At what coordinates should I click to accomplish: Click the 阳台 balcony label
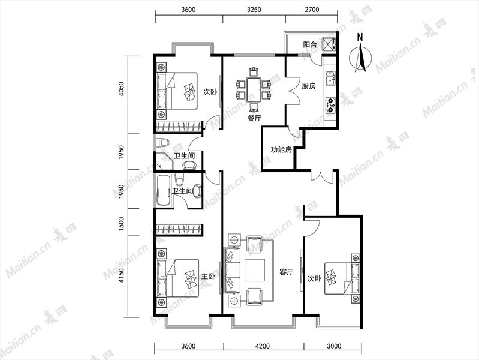[x=310, y=44]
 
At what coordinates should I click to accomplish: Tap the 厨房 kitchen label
[x=309, y=86]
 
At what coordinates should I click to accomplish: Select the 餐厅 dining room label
[x=254, y=118]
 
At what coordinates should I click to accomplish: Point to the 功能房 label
[x=281, y=149]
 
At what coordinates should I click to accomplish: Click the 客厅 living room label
[x=287, y=272]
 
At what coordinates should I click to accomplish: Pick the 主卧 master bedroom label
[x=209, y=277]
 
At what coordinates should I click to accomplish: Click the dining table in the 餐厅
[x=254, y=89]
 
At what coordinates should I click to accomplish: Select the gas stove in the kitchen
[x=330, y=105]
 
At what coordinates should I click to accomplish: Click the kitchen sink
[x=330, y=79]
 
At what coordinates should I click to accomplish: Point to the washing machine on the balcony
[x=327, y=44]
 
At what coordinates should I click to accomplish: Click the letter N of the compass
[x=360, y=37]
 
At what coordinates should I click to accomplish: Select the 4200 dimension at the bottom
[x=263, y=346]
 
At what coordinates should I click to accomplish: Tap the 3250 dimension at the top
[x=254, y=10]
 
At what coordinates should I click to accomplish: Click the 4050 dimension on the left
[x=122, y=89]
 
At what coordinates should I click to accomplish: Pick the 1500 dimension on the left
[x=122, y=224]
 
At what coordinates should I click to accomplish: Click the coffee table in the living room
[x=254, y=270]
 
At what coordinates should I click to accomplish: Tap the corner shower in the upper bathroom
[x=164, y=161]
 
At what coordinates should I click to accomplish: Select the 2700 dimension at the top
[x=312, y=10]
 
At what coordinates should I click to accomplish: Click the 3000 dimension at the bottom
[x=334, y=346]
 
